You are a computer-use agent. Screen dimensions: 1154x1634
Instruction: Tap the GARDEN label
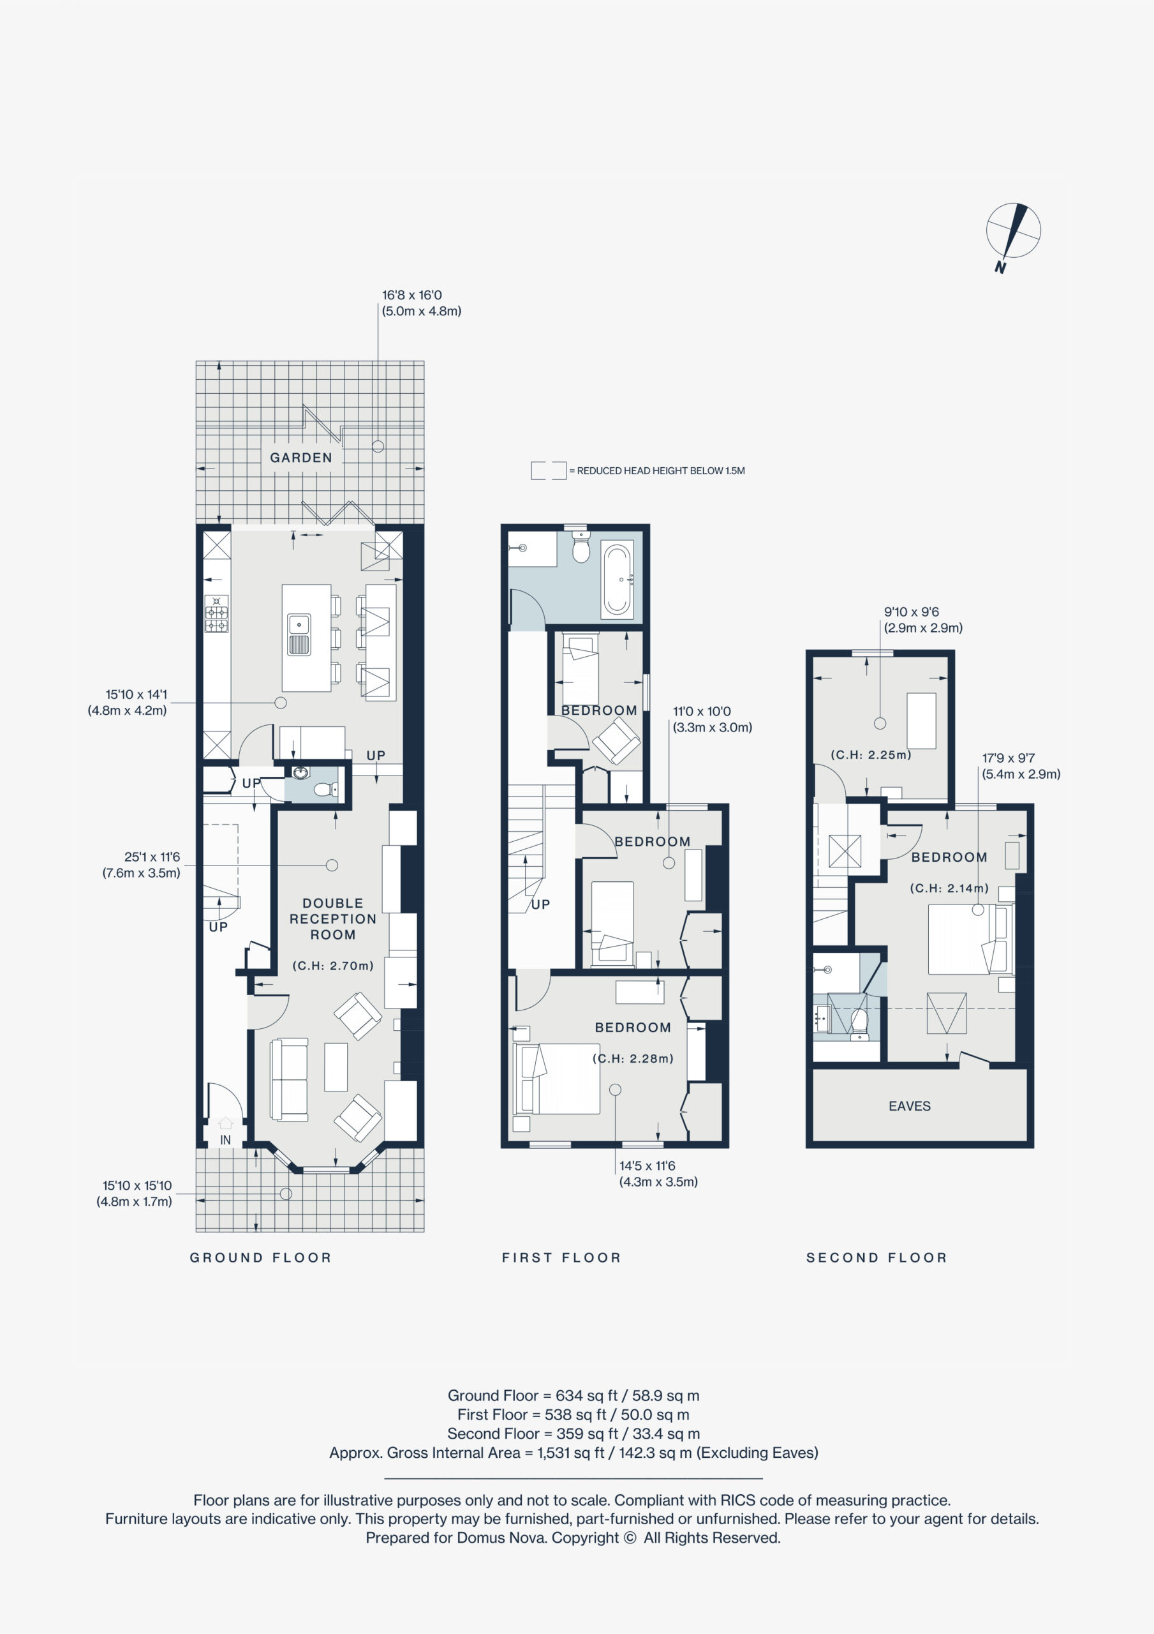[x=301, y=458]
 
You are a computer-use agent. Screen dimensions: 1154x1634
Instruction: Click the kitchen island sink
[x=299, y=634]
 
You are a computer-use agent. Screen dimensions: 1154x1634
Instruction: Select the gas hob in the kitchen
[x=217, y=613]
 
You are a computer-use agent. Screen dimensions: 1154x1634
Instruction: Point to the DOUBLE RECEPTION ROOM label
[x=333, y=918]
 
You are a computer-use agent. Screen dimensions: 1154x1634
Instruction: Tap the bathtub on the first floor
[x=617, y=580]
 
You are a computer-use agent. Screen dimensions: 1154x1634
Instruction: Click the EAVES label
[x=909, y=1106]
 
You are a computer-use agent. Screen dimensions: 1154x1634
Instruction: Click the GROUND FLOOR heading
[x=260, y=1257]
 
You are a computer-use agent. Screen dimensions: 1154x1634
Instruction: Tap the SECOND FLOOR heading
[x=877, y=1257]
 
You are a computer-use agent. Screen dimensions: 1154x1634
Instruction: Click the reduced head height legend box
[x=549, y=470]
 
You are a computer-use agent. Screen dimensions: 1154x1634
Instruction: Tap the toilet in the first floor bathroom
[x=581, y=549]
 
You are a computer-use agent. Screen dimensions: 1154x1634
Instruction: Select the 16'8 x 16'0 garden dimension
[x=411, y=295]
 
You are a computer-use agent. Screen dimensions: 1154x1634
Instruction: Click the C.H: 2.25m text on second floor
[x=871, y=754]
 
